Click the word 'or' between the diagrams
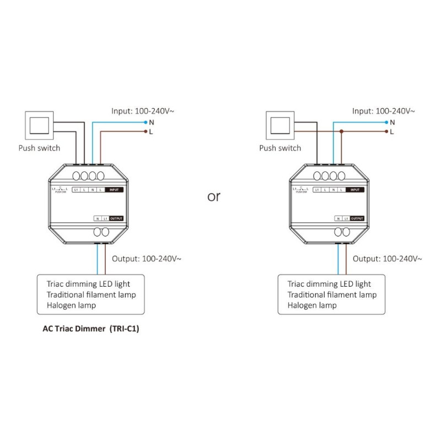214,197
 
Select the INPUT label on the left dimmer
114,190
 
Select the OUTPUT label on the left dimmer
116,218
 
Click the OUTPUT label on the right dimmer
357,218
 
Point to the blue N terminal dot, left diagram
146,122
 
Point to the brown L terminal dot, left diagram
146,132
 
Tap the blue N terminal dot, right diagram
386,122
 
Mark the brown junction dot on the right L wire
342,132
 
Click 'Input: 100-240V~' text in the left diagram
143,110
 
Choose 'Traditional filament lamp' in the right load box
332,295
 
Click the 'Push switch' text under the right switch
280,148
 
